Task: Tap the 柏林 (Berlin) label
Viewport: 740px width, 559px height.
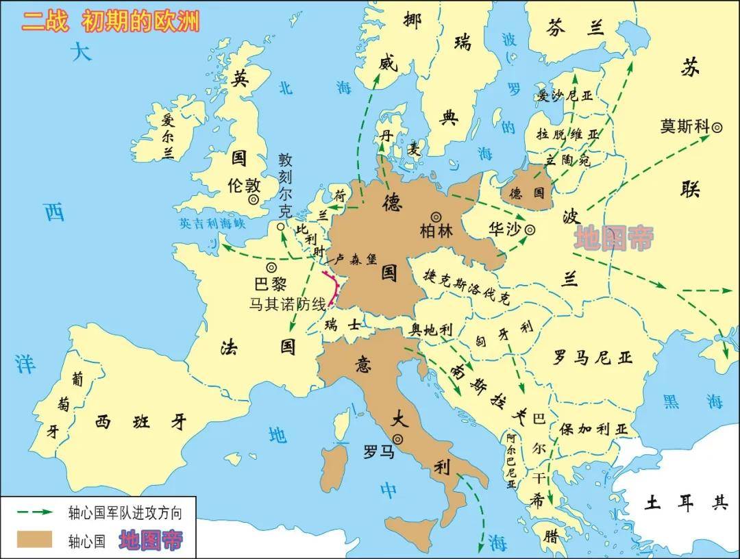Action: [436, 231]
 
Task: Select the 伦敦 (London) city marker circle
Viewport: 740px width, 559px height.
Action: [254, 200]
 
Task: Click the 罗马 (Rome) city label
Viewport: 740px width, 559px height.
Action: [379, 452]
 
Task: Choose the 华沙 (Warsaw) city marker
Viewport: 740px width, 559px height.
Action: [530, 231]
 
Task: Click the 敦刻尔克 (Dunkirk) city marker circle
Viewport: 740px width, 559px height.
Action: [280, 227]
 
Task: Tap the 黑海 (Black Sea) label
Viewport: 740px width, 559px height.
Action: [692, 401]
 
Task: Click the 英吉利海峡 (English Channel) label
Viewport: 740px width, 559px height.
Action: [212, 223]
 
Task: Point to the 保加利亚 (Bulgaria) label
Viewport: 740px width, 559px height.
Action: [593, 429]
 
